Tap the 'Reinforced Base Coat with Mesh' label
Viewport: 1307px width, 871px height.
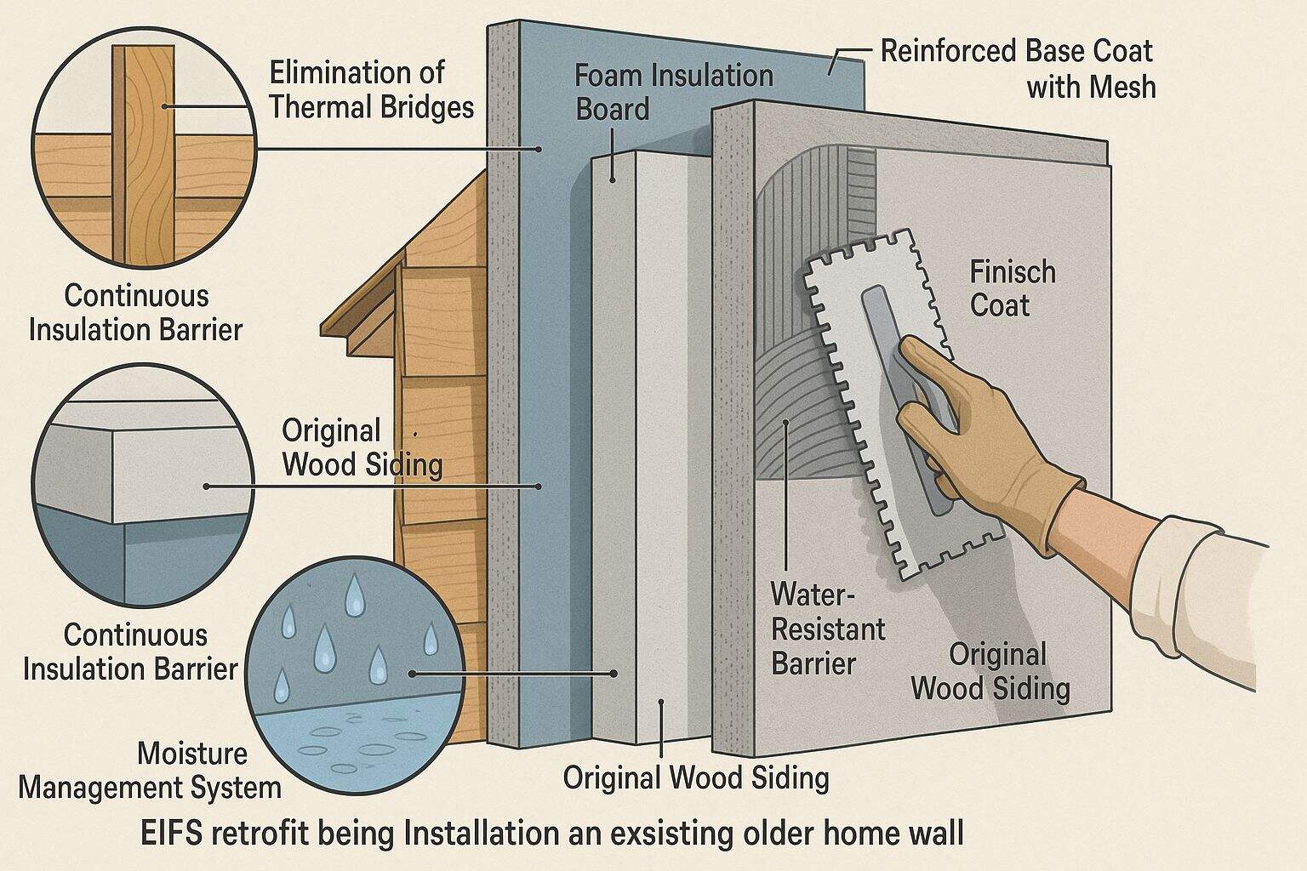point(1016,68)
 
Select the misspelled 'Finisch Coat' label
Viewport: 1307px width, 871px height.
point(1012,288)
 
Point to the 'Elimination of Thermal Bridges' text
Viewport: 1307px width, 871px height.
point(370,89)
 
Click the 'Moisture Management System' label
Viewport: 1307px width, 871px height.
point(151,771)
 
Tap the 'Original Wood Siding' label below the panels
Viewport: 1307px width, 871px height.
point(695,777)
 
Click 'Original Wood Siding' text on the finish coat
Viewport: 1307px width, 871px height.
point(990,671)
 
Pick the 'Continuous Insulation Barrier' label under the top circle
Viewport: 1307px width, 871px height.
point(136,312)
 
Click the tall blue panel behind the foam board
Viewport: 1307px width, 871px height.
point(545,340)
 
